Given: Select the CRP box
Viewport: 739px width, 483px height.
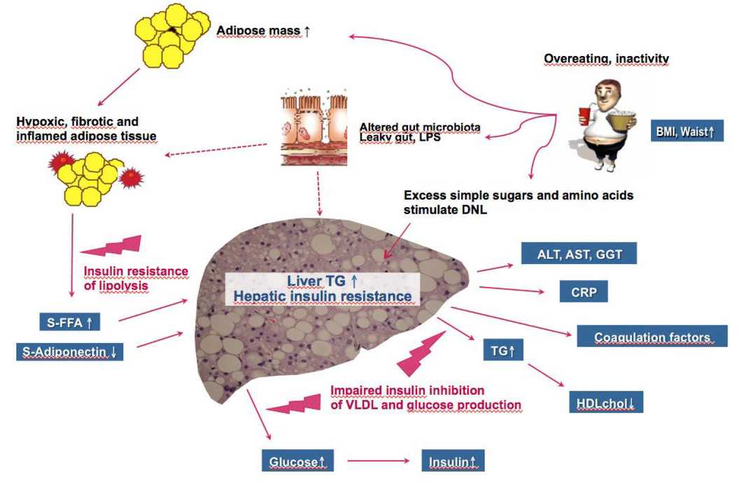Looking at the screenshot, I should (583, 292).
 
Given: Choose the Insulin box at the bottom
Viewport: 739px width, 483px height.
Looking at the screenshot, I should (452, 462).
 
